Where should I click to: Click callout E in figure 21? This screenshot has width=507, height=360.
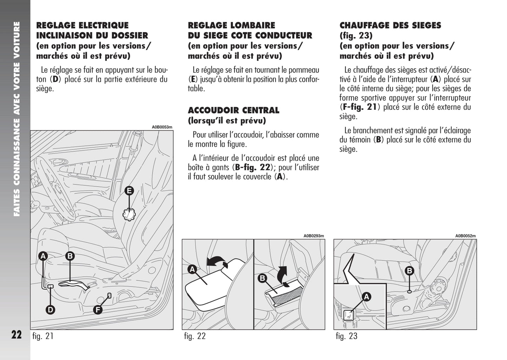coord(129,191)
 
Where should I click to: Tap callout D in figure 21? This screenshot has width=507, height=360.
coord(51,309)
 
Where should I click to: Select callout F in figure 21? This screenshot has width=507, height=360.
coord(98,309)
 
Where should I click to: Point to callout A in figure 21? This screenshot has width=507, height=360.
coord(43,256)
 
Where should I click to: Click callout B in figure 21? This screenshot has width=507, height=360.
coord(70,256)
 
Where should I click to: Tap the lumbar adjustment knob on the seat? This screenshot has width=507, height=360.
coord(129,214)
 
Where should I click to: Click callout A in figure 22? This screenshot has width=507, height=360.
coord(192,269)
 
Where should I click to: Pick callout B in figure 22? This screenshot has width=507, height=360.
coord(262,279)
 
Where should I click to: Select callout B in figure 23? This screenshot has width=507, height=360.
coord(409,271)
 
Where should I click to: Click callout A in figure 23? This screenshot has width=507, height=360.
coord(366,297)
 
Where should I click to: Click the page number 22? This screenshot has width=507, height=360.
coord(16,335)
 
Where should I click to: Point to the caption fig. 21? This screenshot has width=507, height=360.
coord(43,336)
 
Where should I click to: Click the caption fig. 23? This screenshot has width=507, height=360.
coord(346,336)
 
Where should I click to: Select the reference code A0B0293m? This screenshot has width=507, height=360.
coord(314,236)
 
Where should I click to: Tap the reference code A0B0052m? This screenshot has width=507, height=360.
coord(466,236)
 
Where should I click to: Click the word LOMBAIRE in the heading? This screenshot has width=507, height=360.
coord(253,25)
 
